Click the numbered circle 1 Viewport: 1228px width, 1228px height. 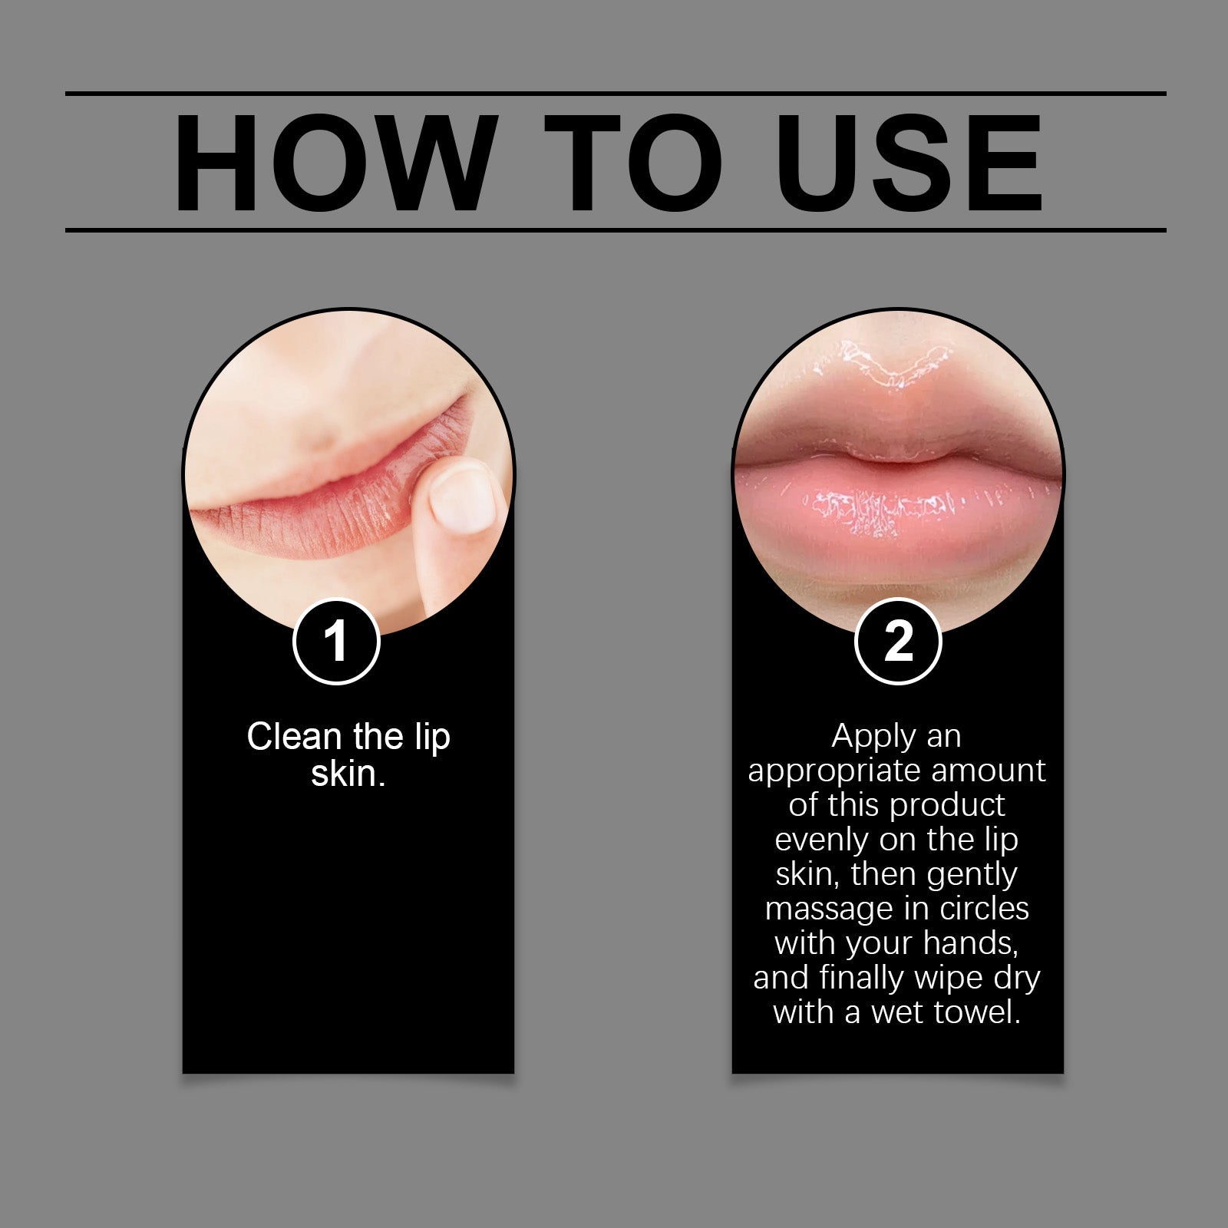tap(336, 642)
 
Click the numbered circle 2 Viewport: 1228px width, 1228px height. tap(898, 642)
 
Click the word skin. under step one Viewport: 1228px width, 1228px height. tap(348, 773)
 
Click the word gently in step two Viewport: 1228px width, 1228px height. tap(972, 875)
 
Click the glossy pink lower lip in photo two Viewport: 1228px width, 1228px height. tap(898, 514)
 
